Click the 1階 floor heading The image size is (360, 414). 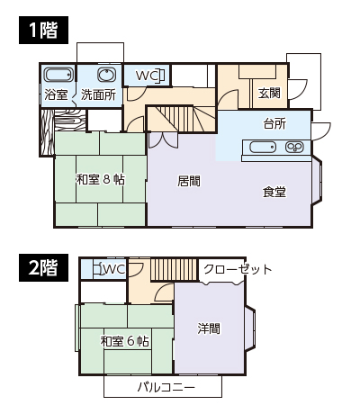coord(43,30)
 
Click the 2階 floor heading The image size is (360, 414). coord(43,267)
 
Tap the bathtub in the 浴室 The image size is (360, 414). coord(58,75)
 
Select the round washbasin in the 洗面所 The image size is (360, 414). coord(106,75)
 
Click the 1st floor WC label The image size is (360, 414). coord(144,76)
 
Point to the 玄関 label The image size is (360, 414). coord(269,93)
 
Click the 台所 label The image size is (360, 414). coord(274,123)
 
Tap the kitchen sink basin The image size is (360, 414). coord(263,147)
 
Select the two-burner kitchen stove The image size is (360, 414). coord(294,147)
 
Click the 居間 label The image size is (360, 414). coord(189,181)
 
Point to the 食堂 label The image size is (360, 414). coord(274,192)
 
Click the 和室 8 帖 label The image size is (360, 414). coord(101,179)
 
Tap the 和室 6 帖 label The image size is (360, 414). coord(124,341)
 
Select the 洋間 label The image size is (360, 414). coord(209,328)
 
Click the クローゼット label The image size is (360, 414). coord(238,269)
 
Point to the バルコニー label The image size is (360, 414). coord(166,387)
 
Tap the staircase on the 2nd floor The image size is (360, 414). coord(175,269)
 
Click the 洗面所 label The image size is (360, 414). coord(98,94)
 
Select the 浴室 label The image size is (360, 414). coord(56,94)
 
